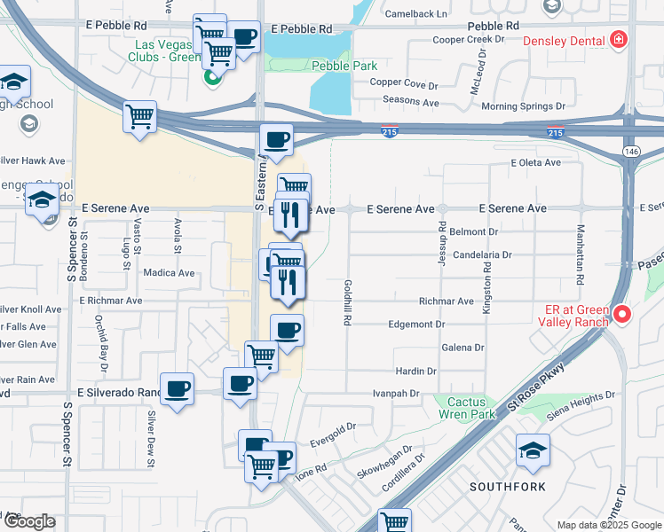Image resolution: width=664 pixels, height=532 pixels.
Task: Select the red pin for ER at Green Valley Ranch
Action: tap(621, 313)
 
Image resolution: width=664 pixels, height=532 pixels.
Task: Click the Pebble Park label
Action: tap(344, 66)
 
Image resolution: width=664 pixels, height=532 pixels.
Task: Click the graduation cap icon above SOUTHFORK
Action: tap(533, 450)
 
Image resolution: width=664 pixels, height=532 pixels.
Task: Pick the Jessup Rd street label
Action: tap(441, 242)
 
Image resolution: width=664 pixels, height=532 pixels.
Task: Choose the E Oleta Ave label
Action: tap(535, 162)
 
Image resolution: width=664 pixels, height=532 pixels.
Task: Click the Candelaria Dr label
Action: tap(482, 254)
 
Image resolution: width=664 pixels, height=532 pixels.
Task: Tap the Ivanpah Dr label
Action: tap(395, 392)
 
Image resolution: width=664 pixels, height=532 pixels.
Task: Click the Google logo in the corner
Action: tap(29, 521)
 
